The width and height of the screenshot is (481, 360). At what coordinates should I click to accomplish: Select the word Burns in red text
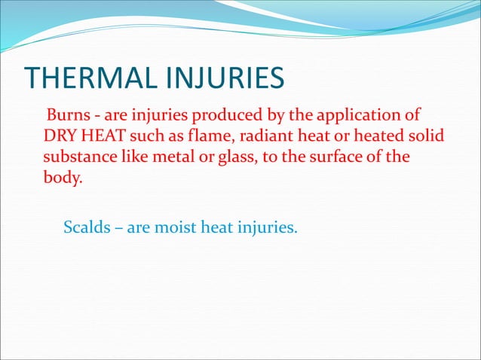pyautogui.click(x=66, y=116)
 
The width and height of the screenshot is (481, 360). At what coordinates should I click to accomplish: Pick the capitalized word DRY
pyautogui.click(x=60, y=137)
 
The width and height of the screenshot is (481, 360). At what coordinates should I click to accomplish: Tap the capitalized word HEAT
pyautogui.click(x=101, y=137)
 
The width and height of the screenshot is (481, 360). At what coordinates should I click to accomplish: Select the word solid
pyautogui.click(x=424, y=137)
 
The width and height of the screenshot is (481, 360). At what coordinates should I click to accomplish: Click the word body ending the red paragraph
pyautogui.click(x=60, y=180)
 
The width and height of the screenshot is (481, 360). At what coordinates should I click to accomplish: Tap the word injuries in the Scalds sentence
pyautogui.click(x=267, y=225)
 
